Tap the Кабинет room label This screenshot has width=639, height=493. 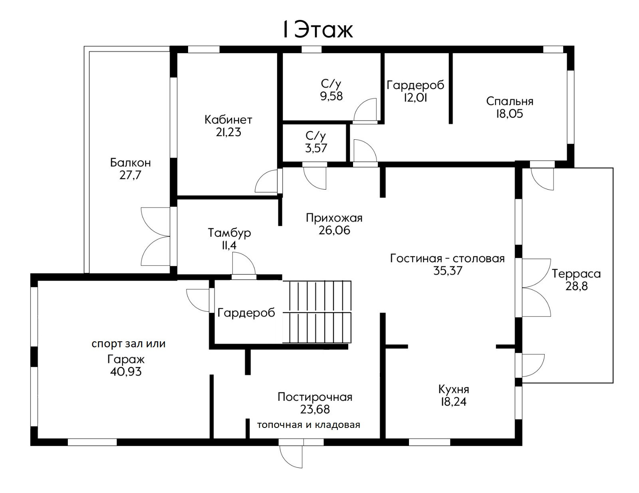click(x=228, y=120)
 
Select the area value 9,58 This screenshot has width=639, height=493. click(x=331, y=96)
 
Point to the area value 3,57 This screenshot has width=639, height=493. click(x=316, y=148)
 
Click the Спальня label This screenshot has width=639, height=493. click(x=510, y=101)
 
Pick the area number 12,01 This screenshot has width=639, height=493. click(x=415, y=97)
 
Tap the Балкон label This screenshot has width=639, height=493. click(x=130, y=162)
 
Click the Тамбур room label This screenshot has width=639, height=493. click(x=229, y=233)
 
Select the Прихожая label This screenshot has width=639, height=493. click(x=334, y=218)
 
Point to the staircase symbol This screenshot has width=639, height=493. click(x=317, y=312)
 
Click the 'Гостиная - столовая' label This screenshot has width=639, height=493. click(x=447, y=259)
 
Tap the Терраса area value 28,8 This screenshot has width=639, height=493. click(x=576, y=286)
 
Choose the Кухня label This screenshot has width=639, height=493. click(x=453, y=390)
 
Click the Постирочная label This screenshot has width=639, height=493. click(x=315, y=397)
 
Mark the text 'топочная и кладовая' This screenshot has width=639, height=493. click(x=308, y=425)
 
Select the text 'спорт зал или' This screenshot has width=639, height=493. click(x=129, y=344)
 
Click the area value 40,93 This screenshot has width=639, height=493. click(x=126, y=372)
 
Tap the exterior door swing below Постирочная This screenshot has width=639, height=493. click(x=291, y=457)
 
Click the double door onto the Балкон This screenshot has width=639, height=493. click(x=156, y=236)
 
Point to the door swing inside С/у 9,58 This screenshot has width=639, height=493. click(x=365, y=109)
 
